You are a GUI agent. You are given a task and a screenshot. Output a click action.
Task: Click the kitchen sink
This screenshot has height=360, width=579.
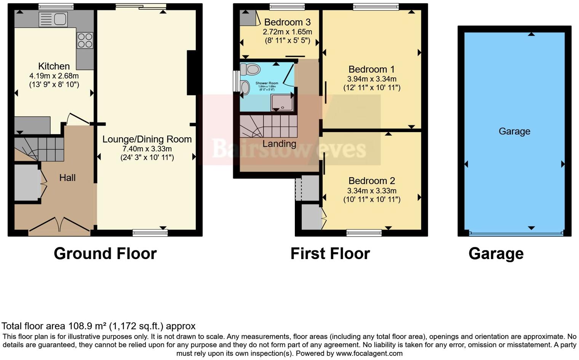[53, 19]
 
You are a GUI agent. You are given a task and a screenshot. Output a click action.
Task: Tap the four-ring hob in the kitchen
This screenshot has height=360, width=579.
[85, 40]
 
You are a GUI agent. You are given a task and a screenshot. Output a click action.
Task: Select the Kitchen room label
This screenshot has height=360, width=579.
[54, 66]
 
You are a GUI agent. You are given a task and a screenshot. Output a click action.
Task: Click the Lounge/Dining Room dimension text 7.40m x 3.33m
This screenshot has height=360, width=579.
[147, 149]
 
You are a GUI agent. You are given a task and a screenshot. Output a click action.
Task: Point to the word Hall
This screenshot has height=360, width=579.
[67, 178]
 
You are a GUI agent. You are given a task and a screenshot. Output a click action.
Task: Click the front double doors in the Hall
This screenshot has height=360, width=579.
[59, 225]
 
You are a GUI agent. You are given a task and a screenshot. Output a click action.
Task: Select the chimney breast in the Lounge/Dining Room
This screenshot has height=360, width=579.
[191, 72]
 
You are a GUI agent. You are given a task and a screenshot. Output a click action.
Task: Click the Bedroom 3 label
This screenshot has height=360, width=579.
[287, 22]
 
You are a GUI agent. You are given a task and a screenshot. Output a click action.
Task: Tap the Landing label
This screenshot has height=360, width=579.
[279, 144]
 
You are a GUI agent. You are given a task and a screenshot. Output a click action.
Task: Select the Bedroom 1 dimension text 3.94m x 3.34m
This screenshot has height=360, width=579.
[371, 79]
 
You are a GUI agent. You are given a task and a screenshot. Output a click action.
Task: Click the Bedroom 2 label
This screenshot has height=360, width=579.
[371, 181]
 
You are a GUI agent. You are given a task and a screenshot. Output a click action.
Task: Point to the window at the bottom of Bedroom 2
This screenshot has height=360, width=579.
[364, 233]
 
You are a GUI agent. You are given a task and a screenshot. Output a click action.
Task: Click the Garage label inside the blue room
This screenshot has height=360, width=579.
[514, 131]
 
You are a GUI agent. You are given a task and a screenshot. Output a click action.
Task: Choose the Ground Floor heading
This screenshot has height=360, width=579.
[105, 254]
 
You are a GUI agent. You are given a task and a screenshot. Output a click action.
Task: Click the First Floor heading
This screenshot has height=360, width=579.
[330, 254]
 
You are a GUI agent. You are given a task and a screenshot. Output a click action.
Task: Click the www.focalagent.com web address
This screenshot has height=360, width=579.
[369, 353]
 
